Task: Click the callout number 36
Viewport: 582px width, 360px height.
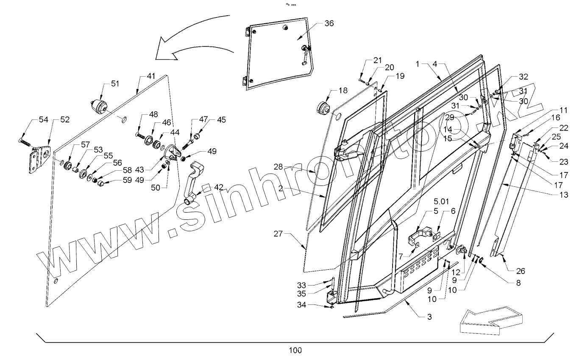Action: pos(329,23)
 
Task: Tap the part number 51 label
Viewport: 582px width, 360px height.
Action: pos(115,83)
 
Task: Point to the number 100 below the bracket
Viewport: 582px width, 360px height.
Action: pos(295,350)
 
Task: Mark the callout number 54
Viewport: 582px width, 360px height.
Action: pos(44,120)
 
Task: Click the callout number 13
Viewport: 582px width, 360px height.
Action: pos(564,194)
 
